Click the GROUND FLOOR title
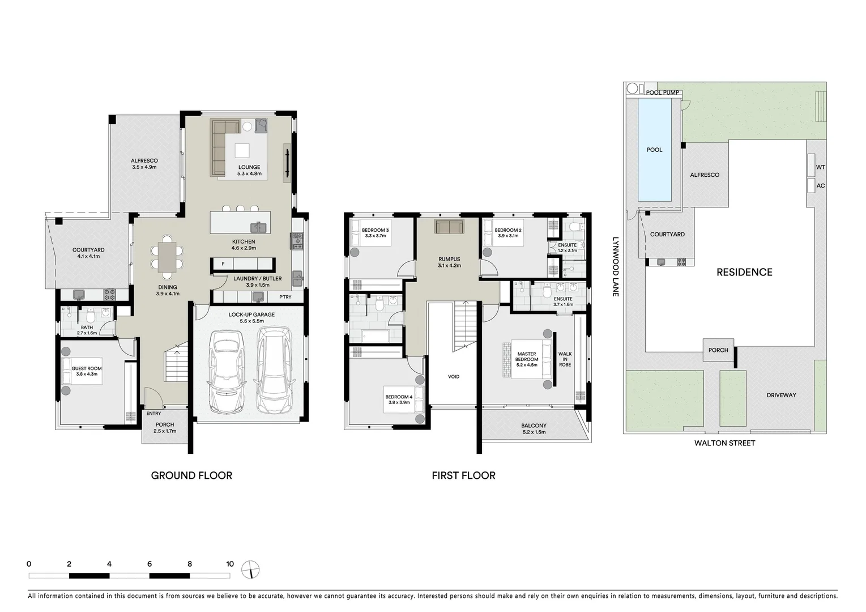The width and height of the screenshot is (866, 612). point(191,475)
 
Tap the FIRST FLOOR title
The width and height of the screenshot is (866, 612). point(463,475)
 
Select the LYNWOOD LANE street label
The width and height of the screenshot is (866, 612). point(615,266)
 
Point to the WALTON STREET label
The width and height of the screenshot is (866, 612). point(724,443)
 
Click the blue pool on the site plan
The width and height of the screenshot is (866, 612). point(654,150)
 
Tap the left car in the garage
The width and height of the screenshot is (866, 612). point(227,371)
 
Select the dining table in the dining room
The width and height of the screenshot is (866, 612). point(167,257)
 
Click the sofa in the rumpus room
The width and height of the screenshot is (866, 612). point(449,227)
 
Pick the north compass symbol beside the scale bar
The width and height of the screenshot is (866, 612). point(250,569)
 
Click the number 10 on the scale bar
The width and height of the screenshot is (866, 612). point(229,564)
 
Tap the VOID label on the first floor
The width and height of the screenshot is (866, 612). point(454,376)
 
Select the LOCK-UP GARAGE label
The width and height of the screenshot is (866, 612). point(251,314)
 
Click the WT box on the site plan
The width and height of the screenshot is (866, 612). point(820,167)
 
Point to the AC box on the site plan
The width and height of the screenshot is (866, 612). point(820,186)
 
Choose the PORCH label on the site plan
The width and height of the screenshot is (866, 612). point(718,350)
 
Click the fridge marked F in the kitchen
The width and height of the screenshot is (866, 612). point(223,264)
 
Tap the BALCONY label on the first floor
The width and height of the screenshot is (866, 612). point(534,426)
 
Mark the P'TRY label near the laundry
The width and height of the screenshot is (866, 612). point(285,297)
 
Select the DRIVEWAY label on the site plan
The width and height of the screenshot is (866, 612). point(781,395)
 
